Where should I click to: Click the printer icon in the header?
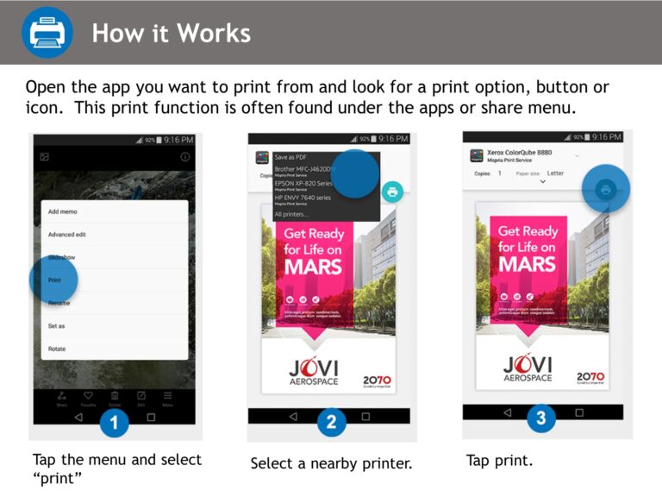tap(47, 32)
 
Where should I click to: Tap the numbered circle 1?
tap(115, 423)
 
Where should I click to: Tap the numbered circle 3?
tap(540, 418)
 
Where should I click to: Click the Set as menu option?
tap(57, 326)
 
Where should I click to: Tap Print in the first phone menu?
tap(55, 280)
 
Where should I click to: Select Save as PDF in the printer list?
tap(291, 158)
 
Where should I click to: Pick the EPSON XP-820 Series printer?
tap(302, 184)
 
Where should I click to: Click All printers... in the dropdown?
tap(291, 213)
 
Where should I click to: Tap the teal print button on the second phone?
tap(392, 192)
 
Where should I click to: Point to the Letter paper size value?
tap(555, 173)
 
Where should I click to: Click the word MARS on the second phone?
tap(314, 267)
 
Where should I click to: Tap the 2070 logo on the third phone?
tap(590, 377)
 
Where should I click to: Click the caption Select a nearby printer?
tap(331, 464)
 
